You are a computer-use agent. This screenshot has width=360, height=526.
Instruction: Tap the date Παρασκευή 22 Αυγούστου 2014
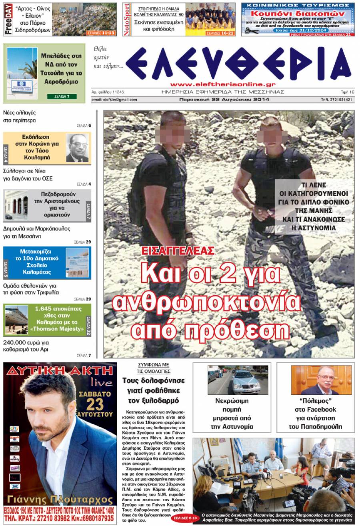point(224,100)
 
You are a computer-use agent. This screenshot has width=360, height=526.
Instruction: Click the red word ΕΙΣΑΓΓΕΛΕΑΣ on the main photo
point(178,251)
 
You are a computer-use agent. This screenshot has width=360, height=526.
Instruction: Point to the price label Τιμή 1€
point(347,92)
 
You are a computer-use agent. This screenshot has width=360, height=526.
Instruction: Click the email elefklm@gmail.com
point(114,100)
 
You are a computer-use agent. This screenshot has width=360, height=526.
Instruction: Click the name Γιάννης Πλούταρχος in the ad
point(60,500)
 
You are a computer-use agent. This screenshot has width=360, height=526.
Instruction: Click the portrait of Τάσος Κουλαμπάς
point(77,148)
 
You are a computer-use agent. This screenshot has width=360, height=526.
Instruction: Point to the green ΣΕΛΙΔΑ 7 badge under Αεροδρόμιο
point(62,96)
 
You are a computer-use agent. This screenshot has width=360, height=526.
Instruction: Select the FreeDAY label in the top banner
point(8,19)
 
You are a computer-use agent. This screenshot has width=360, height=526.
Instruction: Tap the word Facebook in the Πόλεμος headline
point(315,409)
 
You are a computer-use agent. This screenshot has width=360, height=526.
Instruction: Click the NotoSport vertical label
point(127,19)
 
